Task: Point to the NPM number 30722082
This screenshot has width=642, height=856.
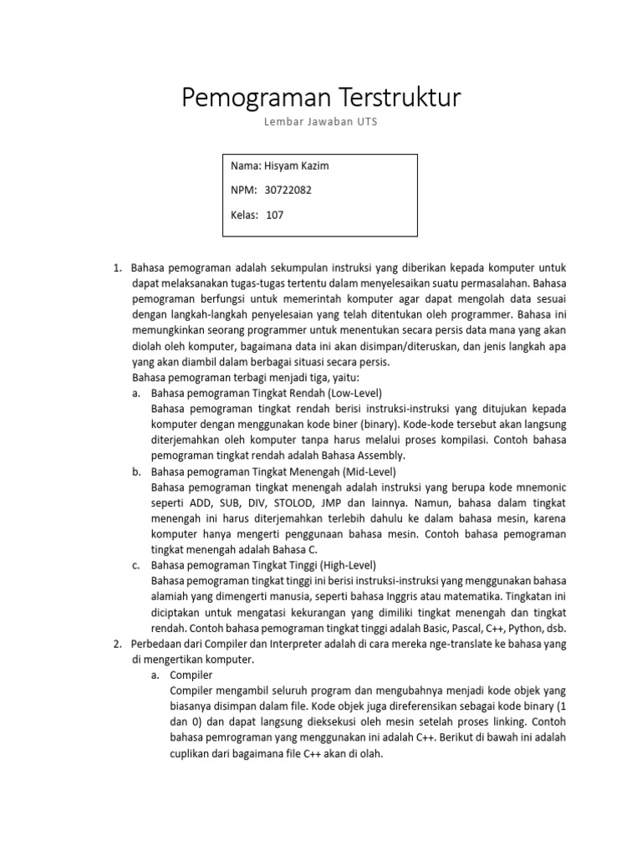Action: tap(288, 190)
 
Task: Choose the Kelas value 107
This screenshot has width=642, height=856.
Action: tap(275, 215)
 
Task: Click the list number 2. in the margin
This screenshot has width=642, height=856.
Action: tap(117, 644)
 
